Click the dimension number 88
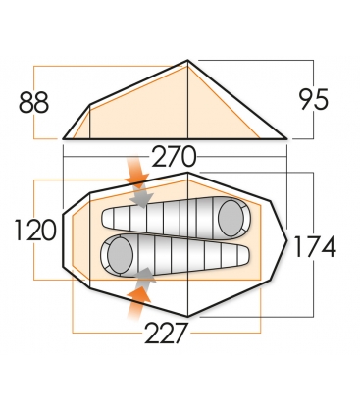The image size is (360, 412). point(33,102)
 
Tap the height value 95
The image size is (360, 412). point(313,99)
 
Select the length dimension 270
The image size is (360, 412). point(175,156)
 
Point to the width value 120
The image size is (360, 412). point(35,231)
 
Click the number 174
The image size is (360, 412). point(315,246)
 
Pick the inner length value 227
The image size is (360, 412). point(167,333)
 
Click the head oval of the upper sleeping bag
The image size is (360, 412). point(231,217)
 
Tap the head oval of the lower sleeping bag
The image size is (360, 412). point(120,254)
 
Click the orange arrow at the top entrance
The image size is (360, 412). point(137,172)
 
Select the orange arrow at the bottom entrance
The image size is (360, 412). point(137,302)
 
